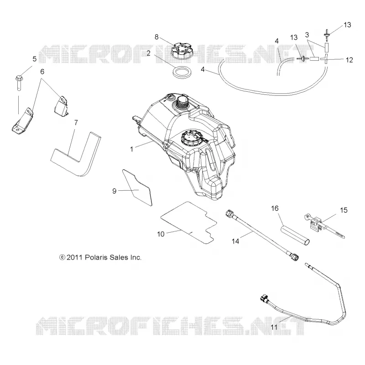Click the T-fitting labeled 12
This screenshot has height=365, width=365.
pyautogui.click(x=326, y=59)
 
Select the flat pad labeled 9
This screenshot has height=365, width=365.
pyautogui.click(x=138, y=187)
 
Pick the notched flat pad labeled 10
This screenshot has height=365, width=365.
pyautogui.click(x=188, y=223)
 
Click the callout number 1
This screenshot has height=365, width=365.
pyautogui.click(x=131, y=149)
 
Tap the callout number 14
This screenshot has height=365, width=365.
pyautogui.click(x=235, y=241)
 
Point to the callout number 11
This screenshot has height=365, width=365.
pyautogui.click(x=274, y=327)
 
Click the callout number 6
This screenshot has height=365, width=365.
pyautogui.click(x=42, y=72)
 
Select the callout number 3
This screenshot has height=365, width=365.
pyautogui.click(x=307, y=35)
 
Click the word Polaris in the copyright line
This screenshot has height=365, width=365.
pyautogui.click(x=95, y=257)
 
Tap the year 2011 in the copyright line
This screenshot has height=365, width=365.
pyautogui.click(x=74, y=257)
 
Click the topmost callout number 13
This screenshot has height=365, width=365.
pyautogui.click(x=347, y=25)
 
